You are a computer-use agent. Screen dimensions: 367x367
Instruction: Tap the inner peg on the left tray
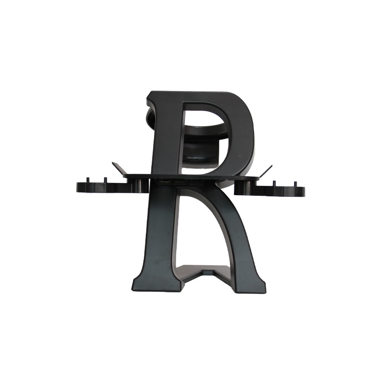click(x=104, y=181)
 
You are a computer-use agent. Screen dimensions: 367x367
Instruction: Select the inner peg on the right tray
click(x=274, y=183)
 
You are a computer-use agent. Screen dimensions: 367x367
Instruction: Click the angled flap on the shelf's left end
click(x=119, y=168)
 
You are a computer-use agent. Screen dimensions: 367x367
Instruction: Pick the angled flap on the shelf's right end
click(x=265, y=170)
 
